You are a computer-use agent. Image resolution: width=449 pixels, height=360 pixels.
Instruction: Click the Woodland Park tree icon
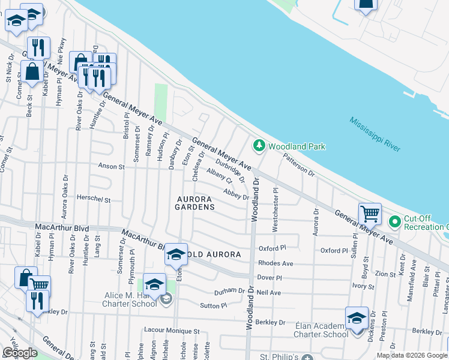coord(259,145)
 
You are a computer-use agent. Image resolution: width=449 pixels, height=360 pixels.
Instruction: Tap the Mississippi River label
coord(375,135)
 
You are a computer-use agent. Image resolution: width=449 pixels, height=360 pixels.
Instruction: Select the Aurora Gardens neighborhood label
coord(194,203)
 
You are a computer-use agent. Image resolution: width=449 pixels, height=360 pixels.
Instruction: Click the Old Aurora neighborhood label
coord(215,254)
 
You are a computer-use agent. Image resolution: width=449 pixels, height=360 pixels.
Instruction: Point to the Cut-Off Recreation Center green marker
coord(394,222)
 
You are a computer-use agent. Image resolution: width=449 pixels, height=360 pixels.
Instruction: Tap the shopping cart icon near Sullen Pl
coord(370,214)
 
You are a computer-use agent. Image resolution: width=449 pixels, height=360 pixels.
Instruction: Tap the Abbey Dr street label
coord(236,194)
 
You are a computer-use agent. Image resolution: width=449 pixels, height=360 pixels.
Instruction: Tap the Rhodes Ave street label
coord(276,263)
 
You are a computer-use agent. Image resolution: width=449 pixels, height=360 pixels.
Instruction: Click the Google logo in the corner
coord(20,353)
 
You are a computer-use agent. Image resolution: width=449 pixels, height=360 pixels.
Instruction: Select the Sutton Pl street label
coord(214,305)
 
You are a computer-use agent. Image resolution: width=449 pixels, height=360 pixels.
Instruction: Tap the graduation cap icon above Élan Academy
coord(357,317)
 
